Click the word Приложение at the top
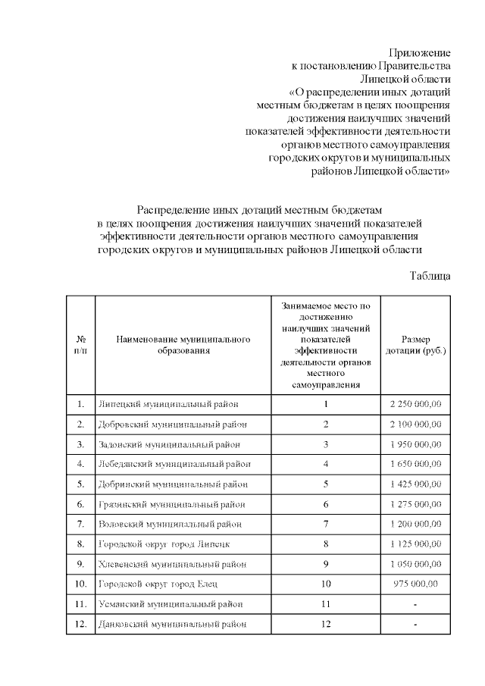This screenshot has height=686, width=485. [x=420, y=53]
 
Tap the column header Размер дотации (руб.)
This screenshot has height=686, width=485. [x=415, y=345]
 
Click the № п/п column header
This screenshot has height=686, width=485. [x=80, y=345]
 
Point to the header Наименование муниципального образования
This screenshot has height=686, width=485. [x=183, y=345]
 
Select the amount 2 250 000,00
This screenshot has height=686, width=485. [x=415, y=404]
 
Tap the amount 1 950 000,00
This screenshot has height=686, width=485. [x=415, y=444]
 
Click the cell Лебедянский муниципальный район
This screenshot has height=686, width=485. [x=174, y=464]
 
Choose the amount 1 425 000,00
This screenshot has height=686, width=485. [x=415, y=484]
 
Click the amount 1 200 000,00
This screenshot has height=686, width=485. [x=415, y=524]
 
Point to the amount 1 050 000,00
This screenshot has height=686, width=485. [x=415, y=564]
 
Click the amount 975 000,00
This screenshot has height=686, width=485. [x=415, y=584]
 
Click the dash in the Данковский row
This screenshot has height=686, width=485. [x=415, y=625]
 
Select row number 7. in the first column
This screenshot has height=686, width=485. [x=80, y=524]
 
